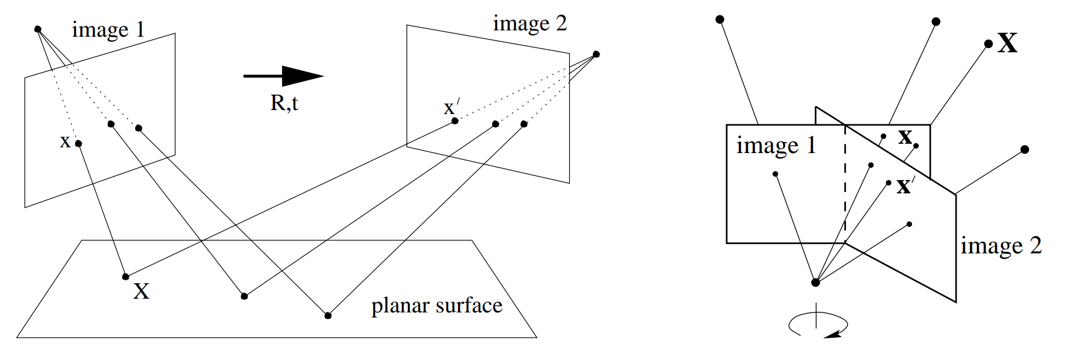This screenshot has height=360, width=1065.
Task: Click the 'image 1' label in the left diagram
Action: (x=108, y=30)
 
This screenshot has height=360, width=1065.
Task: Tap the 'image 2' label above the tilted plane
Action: (x=530, y=24)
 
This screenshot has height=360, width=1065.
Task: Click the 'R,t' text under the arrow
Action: (x=284, y=103)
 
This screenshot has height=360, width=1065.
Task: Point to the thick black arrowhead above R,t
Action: (x=303, y=76)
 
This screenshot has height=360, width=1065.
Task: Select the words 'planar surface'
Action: (x=437, y=306)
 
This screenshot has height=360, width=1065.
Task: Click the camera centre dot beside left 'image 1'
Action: (x=38, y=29)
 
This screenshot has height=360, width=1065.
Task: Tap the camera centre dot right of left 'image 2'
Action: (x=596, y=54)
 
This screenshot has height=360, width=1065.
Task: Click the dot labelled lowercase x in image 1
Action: (x=79, y=143)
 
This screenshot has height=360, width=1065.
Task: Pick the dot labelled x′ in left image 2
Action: (x=455, y=121)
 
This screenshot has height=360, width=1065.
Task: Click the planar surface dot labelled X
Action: (x=126, y=277)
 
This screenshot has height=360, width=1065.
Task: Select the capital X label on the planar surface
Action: (x=141, y=291)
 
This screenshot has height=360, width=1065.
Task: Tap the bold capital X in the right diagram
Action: (x=1008, y=43)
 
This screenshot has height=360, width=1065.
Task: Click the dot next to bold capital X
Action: (x=988, y=44)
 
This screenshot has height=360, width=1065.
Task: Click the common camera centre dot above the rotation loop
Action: (x=816, y=282)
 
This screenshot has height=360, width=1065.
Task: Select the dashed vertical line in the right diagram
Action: (x=845, y=183)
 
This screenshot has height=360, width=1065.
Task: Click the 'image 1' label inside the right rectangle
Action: (x=776, y=146)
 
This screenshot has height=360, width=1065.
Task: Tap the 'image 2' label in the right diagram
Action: (x=1001, y=246)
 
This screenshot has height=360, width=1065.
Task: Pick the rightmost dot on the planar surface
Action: (x=328, y=315)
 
